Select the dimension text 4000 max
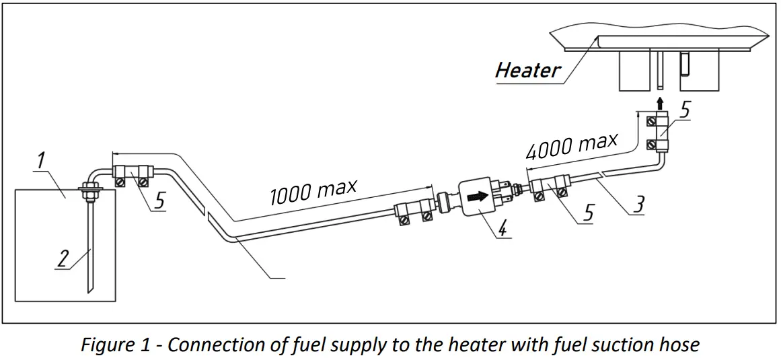tap(572, 147)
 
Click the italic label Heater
tap(528, 70)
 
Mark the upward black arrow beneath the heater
tap(660, 102)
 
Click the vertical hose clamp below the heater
tap(659, 133)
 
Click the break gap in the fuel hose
tap(204, 213)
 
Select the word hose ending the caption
tap(679, 345)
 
